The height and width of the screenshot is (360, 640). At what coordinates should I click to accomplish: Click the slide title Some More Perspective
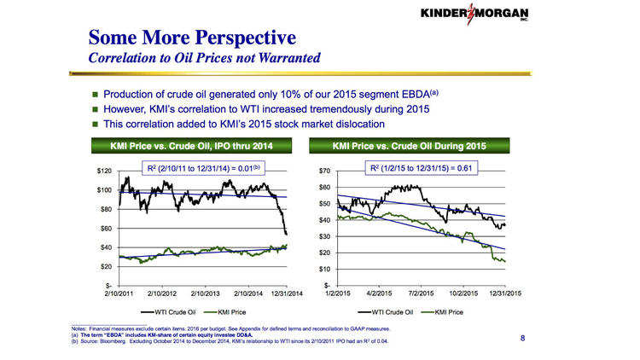(x=193, y=38)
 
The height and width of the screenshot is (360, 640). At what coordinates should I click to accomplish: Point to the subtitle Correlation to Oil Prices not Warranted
(x=205, y=59)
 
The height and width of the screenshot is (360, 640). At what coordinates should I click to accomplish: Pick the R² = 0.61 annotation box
(x=419, y=168)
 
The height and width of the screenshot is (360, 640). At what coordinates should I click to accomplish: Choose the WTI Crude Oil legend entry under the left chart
(x=176, y=312)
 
